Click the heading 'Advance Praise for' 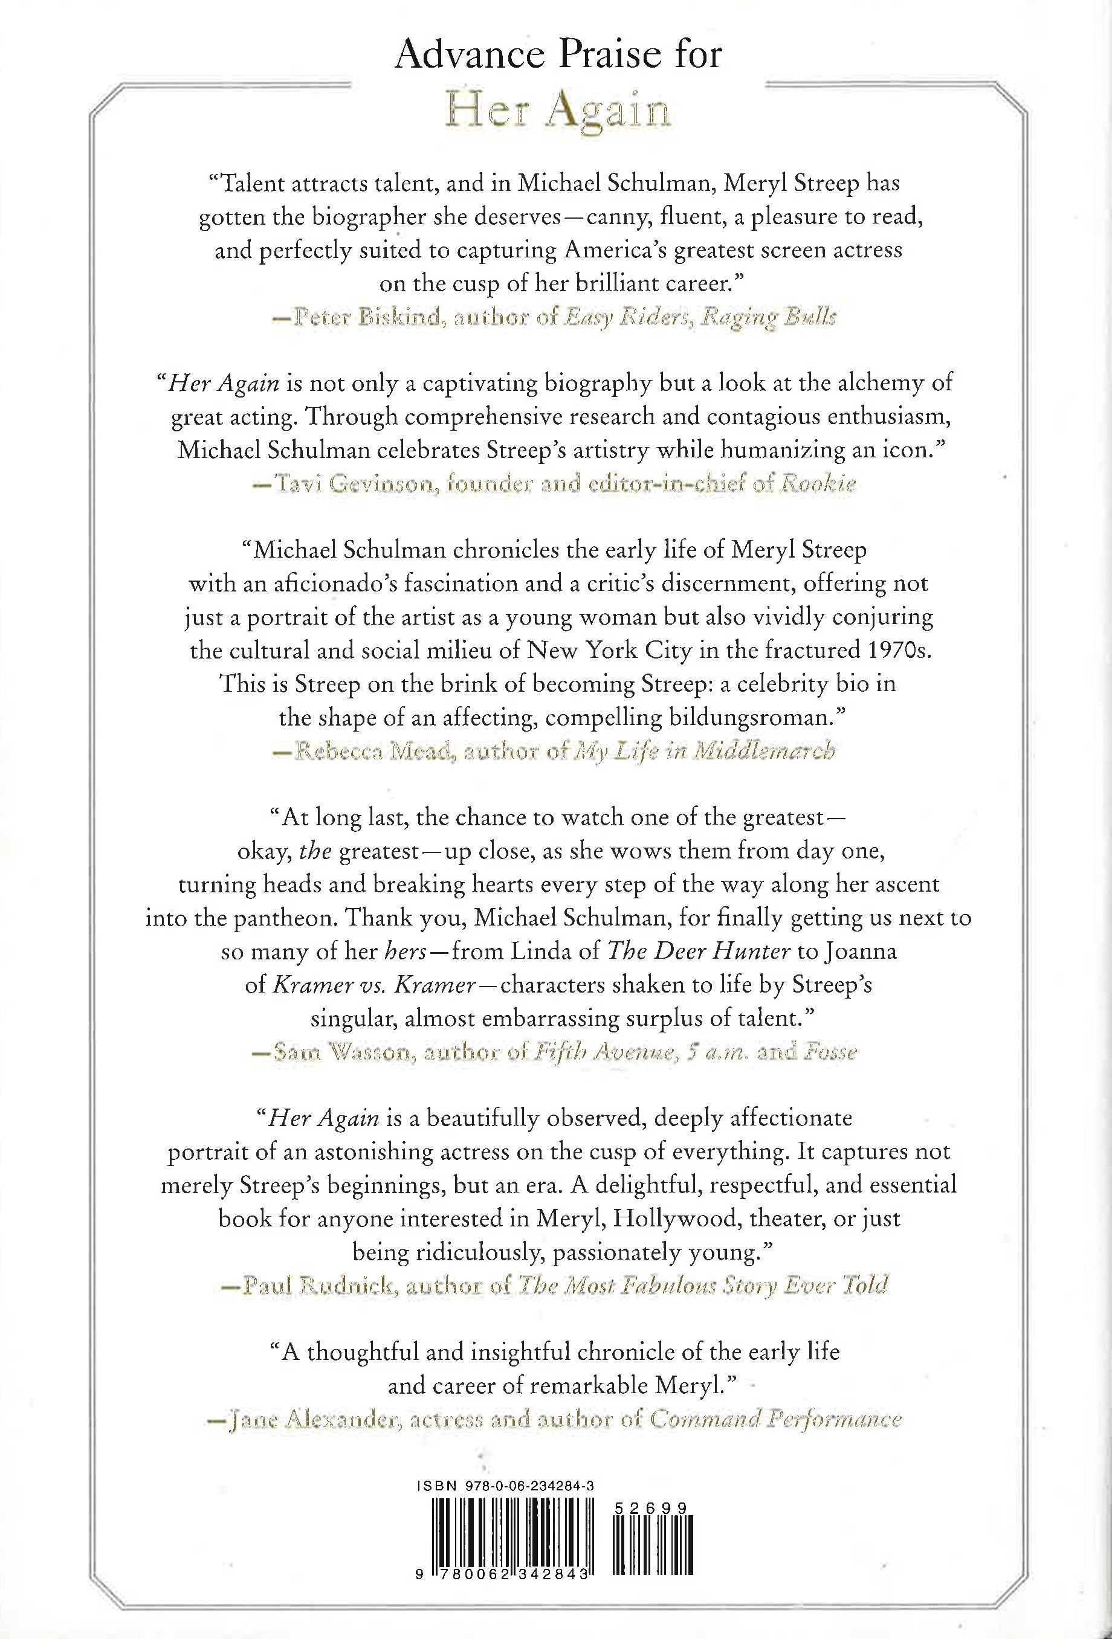click(x=557, y=54)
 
